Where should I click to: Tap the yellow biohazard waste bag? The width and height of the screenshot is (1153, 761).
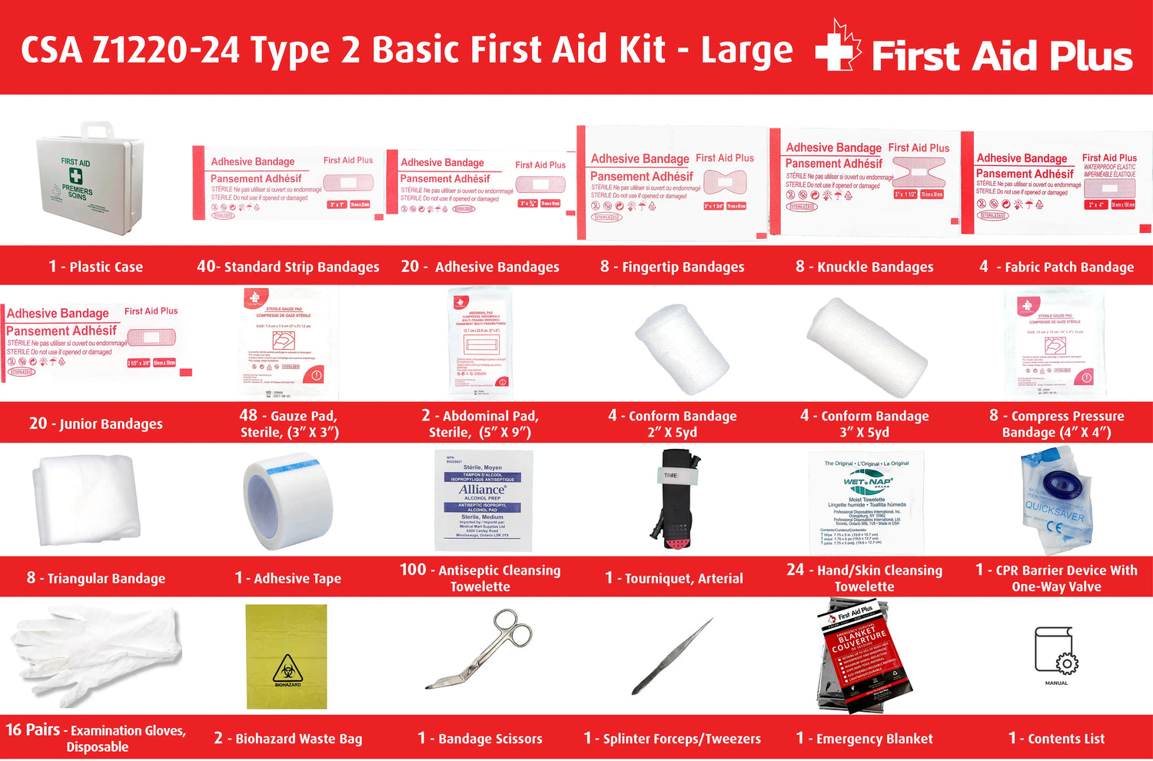point(287,656)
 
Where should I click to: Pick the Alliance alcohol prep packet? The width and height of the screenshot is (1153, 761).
point(483,500)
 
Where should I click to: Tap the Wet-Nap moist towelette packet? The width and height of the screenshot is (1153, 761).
point(866,502)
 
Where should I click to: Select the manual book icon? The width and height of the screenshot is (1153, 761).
point(1056,652)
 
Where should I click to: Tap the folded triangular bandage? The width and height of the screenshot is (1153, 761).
point(86,499)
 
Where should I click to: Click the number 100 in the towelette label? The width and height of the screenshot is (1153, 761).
point(413,570)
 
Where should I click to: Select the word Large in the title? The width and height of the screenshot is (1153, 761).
point(746,51)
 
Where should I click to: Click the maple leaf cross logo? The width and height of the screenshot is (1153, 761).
point(837,48)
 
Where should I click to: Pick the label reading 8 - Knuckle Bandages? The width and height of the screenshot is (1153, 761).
point(865,267)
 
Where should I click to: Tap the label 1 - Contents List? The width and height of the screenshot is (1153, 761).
point(1056,739)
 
